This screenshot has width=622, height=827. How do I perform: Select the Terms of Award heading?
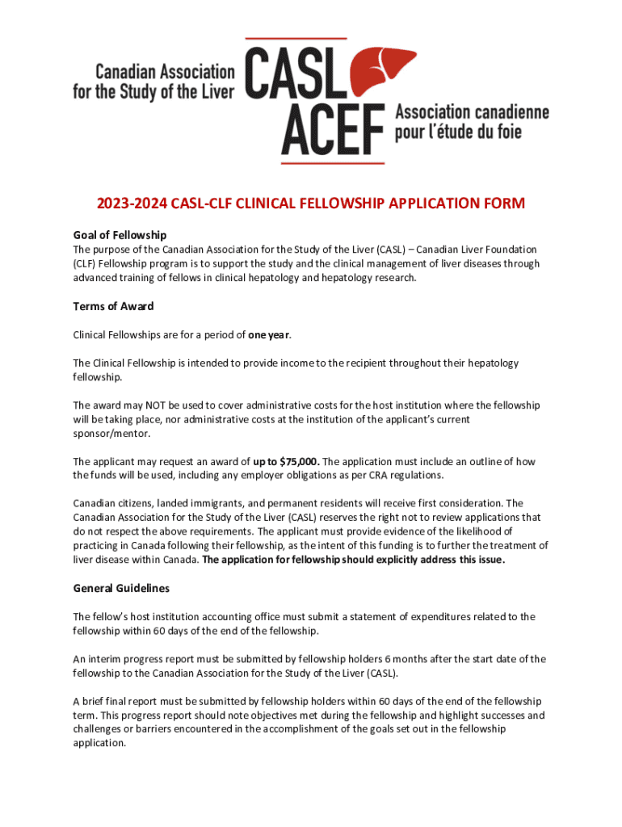[x=113, y=307]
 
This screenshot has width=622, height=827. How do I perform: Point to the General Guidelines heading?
[x=121, y=589]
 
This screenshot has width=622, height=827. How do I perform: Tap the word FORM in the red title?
[x=499, y=204]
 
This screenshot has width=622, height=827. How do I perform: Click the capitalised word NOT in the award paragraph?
[x=151, y=405]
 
